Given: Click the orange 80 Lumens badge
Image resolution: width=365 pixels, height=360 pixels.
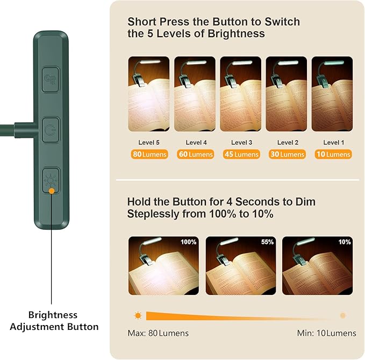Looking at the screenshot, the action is click(149, 154).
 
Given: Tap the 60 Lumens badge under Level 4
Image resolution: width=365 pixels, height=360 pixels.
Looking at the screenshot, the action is click(195, 154).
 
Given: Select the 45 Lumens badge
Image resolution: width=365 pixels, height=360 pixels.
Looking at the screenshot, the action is click(241, 154).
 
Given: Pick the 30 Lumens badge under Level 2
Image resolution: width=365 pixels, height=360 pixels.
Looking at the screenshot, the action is click(287, 154).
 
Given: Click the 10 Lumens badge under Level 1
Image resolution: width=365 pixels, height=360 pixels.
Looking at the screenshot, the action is click(333, 154).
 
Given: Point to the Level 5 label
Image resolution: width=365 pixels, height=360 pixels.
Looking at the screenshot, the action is click(149, 143).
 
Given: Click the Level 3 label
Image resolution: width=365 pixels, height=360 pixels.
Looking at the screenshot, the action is click(241, 143).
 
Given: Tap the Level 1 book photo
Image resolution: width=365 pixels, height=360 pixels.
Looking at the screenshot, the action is click(332, 94).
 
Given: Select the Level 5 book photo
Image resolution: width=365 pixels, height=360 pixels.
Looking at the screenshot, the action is click(149, 94).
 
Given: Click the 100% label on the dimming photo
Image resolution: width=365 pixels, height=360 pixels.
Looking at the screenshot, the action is click(189, 242).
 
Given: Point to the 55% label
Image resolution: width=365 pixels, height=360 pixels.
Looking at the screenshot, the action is click(267, 242).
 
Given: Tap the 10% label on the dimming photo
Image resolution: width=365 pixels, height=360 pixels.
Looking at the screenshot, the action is click(345, 242).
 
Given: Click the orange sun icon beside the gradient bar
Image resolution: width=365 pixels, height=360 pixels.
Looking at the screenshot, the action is click(138, 316).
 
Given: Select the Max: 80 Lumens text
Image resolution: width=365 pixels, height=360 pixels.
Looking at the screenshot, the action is click(158, 333).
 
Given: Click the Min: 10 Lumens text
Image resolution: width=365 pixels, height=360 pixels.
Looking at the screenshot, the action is click(327, 333).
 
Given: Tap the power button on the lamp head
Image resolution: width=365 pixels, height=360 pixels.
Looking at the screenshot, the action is click(51, 130).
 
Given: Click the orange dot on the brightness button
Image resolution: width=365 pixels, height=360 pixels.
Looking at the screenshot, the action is click(52, 191).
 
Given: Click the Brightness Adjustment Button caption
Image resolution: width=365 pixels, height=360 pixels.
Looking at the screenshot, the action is click(54, 321).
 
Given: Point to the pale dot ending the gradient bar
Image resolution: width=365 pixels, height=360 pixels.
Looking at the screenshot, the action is click(342, 316).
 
